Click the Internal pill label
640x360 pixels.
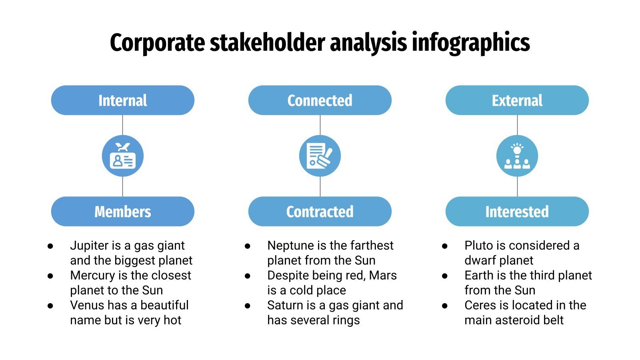[122, 100]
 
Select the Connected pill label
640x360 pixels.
[320, 100]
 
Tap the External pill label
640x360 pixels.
[517, 100]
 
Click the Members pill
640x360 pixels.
[122, 212]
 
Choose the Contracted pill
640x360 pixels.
[320, 212]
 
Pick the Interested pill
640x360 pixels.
[517, 212]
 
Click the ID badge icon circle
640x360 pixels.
[122, 156]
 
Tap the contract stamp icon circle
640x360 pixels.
[320, 156]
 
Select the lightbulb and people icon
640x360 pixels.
[517, 156]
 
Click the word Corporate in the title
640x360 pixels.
[157, 43]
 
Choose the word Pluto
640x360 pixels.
[478, 245]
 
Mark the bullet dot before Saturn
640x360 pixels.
[248, 306]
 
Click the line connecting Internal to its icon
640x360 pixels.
[122, 125]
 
